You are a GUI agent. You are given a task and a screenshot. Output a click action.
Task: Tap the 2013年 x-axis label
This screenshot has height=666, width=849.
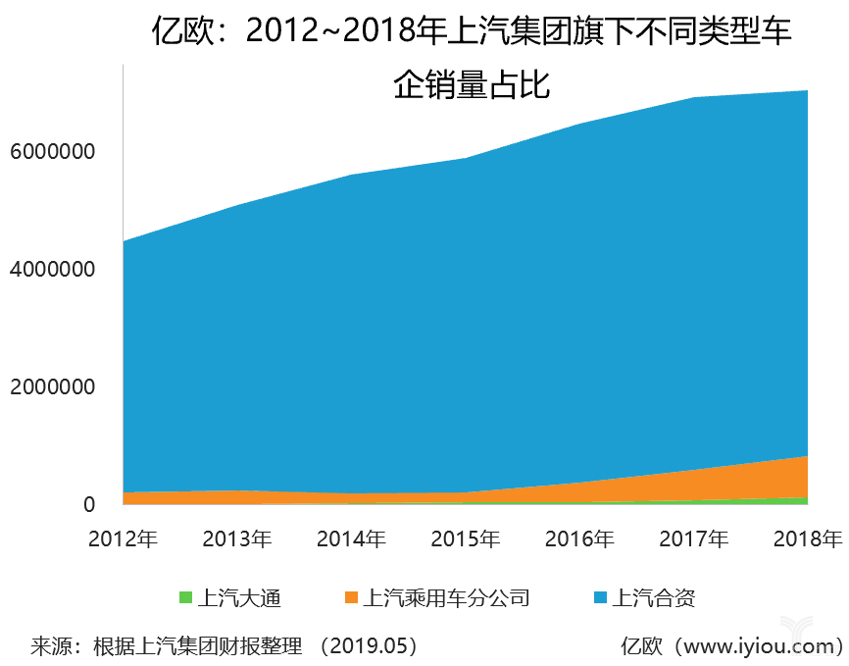click(237, 538)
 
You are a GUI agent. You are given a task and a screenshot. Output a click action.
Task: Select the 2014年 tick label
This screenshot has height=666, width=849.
click(351, 538)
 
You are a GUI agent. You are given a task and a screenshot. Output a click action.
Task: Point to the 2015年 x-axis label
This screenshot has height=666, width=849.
click(466, 538)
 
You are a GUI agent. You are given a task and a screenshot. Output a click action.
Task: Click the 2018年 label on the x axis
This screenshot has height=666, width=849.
click(806, 538)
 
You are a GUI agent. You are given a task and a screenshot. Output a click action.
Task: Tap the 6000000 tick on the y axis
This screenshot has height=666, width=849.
click(53, 152)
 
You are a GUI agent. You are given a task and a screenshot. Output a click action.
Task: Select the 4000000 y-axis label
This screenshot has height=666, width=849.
click(53, 269)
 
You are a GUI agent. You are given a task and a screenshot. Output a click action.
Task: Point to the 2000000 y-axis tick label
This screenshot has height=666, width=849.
click(53, 386)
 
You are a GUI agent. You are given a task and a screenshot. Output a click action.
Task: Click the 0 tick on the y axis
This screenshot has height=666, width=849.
click(89, 504)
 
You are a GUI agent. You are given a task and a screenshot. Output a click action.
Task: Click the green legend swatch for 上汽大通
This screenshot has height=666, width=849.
click(185, 596)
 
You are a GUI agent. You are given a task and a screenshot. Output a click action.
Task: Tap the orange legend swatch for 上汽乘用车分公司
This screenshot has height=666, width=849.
click(351, 596)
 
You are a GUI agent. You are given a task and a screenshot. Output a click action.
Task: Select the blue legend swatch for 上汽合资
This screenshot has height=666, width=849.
click(600, 596)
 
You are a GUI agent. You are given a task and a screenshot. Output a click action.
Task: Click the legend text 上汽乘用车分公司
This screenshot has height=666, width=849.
click(446, 597)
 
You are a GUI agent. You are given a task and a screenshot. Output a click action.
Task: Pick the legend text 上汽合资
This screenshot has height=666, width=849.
click(654, 597)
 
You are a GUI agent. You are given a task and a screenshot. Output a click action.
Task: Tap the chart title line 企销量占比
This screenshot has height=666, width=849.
click(472, 85)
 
